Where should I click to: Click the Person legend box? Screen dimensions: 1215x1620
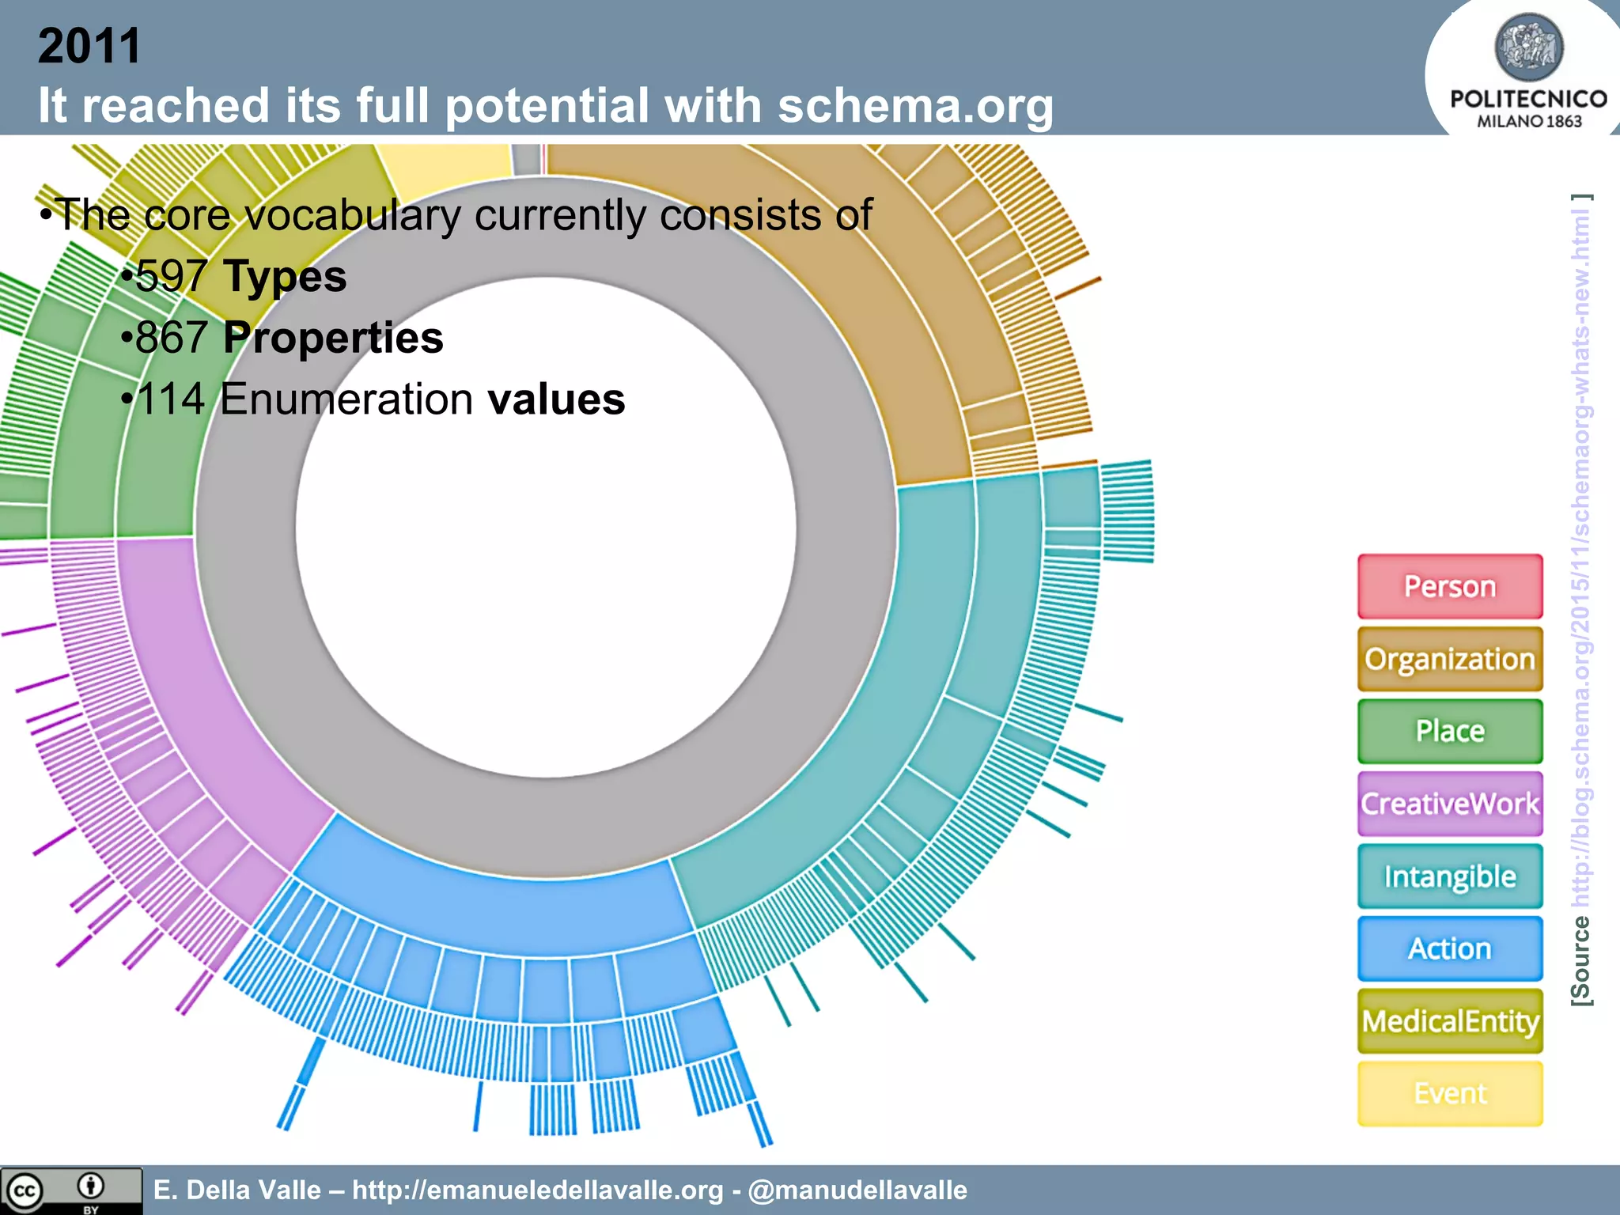[x=1450, y=587]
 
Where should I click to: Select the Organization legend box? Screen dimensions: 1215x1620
[x=1450, y=659]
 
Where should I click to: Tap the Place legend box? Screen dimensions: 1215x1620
[x=1450, y=731]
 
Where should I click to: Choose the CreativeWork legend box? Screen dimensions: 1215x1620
[x=1450, y=804]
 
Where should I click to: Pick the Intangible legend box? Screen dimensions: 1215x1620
[x=1450, y=876]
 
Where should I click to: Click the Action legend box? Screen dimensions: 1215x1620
[x=1450, y=948]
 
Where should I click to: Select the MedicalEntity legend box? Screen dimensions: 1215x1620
[x=1450, y=1021]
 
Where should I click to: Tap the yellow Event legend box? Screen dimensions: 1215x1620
[x=1450, y=1093]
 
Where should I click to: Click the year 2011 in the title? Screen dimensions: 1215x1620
[x=89, y=46]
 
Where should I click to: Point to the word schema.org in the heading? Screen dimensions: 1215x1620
[x=915, y=105]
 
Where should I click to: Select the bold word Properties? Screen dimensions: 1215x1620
[x=333, y=338]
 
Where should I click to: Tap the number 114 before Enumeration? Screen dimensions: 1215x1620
[x=171, y=399]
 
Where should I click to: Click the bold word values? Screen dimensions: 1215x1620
[x=556, y=399]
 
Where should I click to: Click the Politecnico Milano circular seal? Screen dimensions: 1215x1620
[x=1528, y=47]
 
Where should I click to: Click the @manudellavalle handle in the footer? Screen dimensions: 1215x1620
[x=857, y=1190]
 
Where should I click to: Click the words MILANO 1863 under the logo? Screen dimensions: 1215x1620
[x=1529, y=121]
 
